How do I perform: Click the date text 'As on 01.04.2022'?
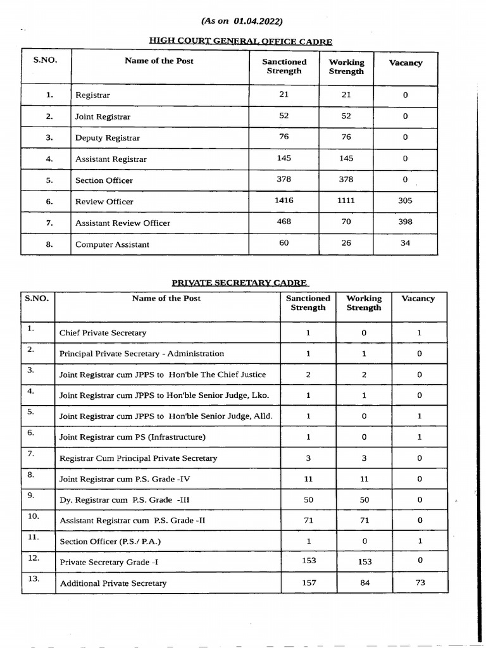242,22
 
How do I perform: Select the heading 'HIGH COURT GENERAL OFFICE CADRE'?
240,41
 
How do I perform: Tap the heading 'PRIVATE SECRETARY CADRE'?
240,283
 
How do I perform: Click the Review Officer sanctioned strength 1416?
284,200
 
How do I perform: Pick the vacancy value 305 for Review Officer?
405,201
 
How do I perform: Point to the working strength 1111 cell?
346,201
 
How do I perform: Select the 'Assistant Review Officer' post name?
123,223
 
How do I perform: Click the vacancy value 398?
405,221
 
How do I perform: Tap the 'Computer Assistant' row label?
112,244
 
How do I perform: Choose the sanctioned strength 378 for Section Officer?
284,179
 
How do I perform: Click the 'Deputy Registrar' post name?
108,138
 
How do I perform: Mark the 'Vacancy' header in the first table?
405,63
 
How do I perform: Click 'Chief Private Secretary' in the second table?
103,333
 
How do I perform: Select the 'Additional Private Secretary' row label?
113,583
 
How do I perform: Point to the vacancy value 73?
420,582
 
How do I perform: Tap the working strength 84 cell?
364,582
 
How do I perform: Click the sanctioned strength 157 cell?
308,582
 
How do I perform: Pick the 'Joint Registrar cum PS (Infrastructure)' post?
132,437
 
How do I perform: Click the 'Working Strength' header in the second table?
364,302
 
